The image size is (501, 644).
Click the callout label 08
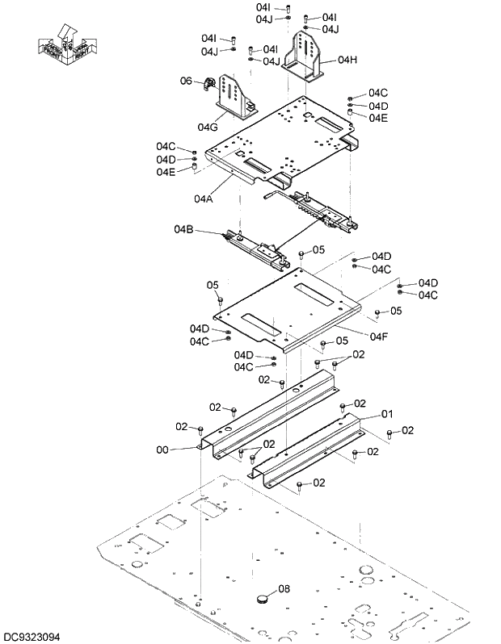284,589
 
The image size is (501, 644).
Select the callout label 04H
347,60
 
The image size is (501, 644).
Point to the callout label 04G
208,127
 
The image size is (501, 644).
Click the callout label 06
185,81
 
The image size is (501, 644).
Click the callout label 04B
183,229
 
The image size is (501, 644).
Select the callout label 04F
380,336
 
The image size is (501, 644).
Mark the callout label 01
387,413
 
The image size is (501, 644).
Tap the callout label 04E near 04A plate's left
166,171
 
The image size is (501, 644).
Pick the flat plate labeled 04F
283,311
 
